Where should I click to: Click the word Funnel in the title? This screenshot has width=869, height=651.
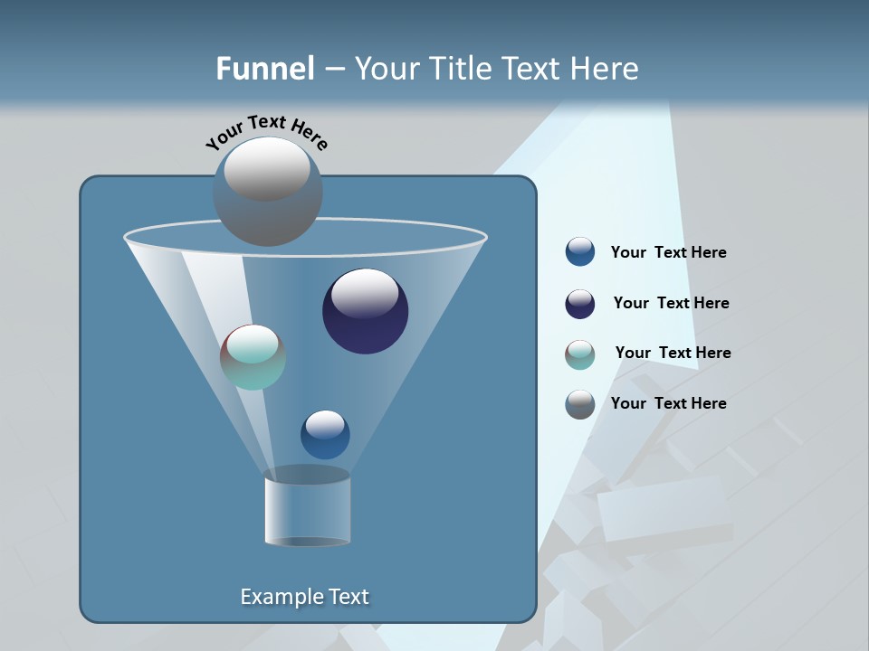click(x=265, y=69)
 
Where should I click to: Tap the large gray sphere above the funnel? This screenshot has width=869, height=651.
click(x=267, y=191)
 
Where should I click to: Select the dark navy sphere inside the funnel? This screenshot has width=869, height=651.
click(x=366, y=312)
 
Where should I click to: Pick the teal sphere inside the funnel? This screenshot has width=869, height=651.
click(x=253, y=357)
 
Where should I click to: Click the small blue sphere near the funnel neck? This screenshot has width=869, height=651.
click(x=325, y=435)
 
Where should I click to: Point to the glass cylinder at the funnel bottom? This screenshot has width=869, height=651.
click(x=308, y=508)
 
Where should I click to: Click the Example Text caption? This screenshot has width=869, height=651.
click(x=304, y=597)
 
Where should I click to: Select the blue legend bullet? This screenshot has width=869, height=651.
click(x=580, y=252)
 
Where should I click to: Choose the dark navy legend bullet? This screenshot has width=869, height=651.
click(x=580, y=304)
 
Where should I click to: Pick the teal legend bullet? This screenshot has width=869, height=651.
click(x=580, y=354)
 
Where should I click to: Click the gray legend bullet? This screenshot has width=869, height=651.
click(x=580, y=404)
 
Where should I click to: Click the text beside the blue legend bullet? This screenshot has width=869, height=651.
click(x=668, y=253)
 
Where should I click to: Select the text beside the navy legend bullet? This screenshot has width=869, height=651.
click(x=671, y=304)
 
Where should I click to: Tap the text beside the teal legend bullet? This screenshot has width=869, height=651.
click(x=673, y=354)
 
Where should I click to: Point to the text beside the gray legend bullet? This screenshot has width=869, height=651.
click(x=668, y=403)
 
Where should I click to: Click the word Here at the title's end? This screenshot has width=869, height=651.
click(x=607, y=69)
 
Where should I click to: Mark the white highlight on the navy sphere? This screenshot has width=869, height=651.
click(x=366, y=293)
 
